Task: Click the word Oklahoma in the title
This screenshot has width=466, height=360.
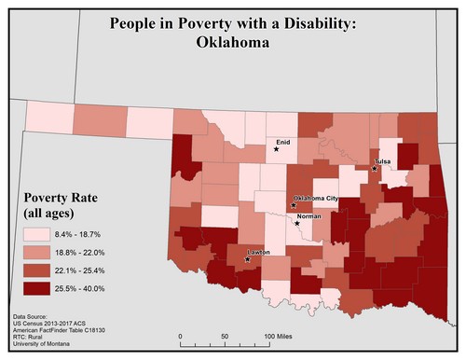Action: tap(232, 42)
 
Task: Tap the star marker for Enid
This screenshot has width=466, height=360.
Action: tap(277, 147)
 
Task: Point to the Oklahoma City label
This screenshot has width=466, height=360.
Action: tap(316, 199)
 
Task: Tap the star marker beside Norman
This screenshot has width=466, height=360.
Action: tap(296, 222)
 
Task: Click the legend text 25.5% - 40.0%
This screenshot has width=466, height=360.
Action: tap(92, 289)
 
